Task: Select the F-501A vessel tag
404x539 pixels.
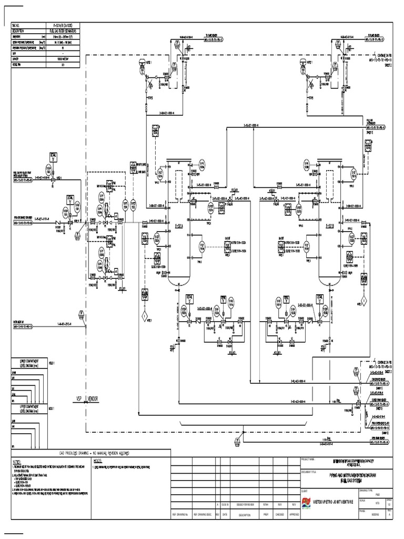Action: tap(177, 226)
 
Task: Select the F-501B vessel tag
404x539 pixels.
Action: tap(330, 226)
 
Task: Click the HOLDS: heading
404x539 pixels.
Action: tap(97, 460)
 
